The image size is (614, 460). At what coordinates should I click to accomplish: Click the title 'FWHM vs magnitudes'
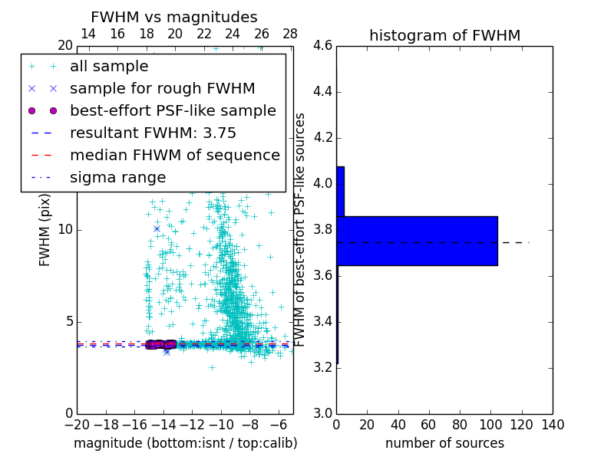[x=174, y=17]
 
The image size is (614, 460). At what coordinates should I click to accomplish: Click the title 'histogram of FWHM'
[x=444, y=35]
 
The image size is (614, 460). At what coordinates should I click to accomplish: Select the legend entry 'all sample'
[x=109, y=67]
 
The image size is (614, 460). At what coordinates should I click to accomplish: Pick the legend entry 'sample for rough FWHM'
[x=162, y=88]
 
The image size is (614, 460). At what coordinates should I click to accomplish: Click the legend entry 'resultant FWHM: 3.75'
[x=153, y=133]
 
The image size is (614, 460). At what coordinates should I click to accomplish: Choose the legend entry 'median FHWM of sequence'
[x=174, y=155]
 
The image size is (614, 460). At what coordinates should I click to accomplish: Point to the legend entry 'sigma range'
[x=117, y=177]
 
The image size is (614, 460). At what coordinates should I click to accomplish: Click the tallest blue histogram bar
[x=417, y=241]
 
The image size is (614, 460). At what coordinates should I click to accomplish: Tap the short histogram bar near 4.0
[x=340, y=191]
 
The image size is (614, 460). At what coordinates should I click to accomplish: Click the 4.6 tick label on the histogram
[x=322, y=46]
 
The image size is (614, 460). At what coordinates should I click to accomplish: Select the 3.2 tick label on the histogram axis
[x=322, y=367]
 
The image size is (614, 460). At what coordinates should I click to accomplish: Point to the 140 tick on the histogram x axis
[x=553, y=425]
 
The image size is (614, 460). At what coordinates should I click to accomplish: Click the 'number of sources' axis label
[x=444, y=443]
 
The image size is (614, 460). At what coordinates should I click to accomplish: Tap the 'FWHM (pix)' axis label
[x=45, y=230]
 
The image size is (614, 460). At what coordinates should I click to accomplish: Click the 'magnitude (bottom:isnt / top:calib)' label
[x=185, y=443]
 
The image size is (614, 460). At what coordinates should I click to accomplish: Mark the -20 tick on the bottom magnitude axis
[x=77, y=425]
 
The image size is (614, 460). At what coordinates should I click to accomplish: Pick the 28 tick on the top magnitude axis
[x=290, y=34]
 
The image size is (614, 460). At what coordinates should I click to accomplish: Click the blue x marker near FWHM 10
[x=157, y=228]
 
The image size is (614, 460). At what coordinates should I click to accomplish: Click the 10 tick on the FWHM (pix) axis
[x=66, y=230]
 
